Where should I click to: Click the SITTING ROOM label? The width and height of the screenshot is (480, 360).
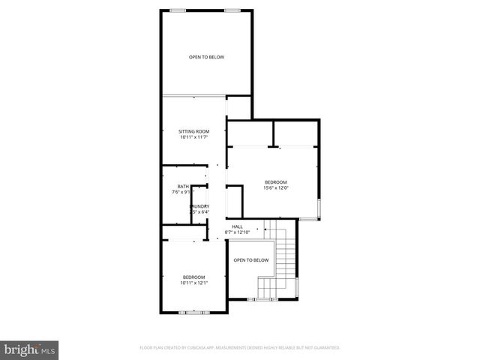(x=193, y=131)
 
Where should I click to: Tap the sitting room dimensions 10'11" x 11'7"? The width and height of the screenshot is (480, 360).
(x=193, y=137)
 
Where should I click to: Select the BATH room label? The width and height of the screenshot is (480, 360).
(x=183, y=186)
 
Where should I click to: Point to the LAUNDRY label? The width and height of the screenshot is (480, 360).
(x=199, y=206)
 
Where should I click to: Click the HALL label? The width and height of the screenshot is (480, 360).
(x=237, y=226)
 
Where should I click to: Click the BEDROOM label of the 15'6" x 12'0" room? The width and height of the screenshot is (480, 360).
(x=275, y=182)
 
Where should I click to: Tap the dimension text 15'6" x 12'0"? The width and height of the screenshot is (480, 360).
(x=275, y=188)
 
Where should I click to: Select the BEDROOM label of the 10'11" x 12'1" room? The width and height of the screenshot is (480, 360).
(x=193, y=277)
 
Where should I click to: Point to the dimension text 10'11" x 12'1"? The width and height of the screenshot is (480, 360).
(x=193, y=283)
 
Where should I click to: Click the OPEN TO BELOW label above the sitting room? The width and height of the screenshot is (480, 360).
(x=206, y=57)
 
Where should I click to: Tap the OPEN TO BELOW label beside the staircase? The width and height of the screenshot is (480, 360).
(x=250, y=260)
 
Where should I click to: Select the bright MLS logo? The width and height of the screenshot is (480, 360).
(x=30, y=349)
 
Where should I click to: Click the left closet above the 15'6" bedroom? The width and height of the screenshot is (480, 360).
(x=250, y=133)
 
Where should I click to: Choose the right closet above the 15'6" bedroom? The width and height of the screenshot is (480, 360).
(x=295, y=133)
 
